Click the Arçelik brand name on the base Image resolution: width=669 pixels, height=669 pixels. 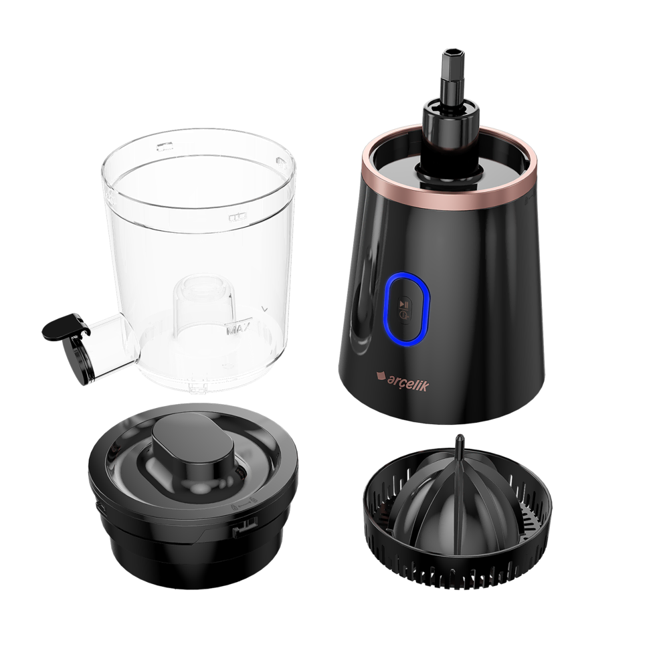point(408,382)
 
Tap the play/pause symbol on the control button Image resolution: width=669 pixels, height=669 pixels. point(403,304)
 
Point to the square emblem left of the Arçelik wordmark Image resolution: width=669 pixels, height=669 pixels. point(380,376)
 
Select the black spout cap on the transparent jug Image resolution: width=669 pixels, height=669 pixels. point(66,328)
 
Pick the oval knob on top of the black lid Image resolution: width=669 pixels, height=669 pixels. point(193,450)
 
